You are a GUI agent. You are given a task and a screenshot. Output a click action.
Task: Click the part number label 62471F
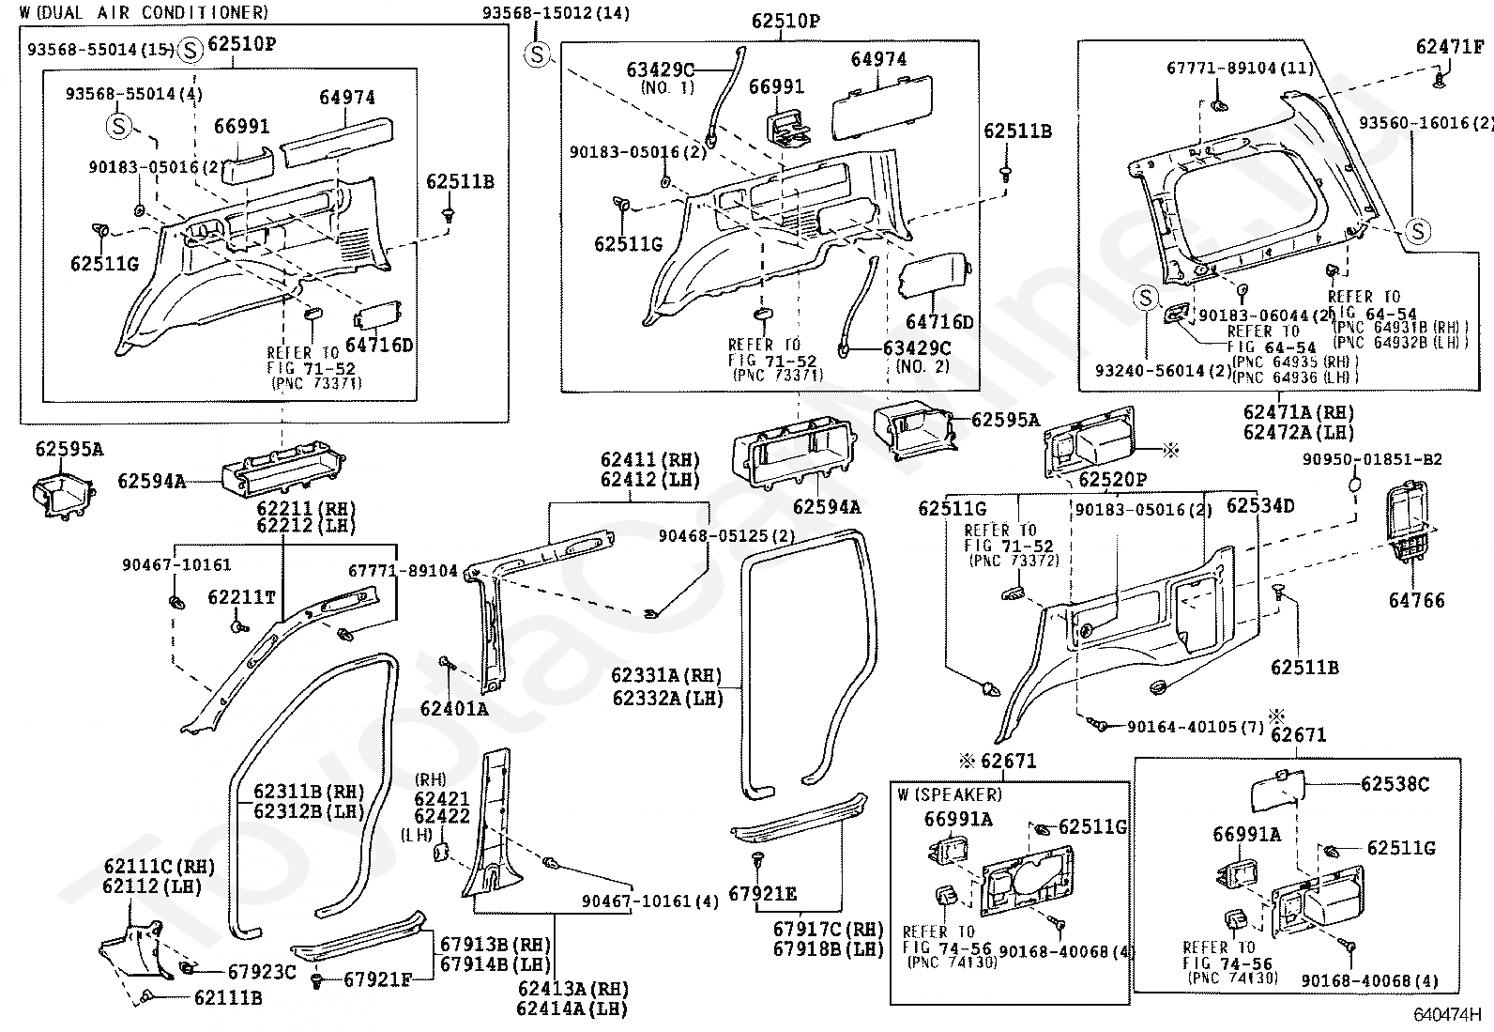pos(1450,47)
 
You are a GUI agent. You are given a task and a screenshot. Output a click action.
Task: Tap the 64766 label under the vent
pos(1417,600)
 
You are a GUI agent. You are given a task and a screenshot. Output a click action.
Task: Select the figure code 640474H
pos(1447,1015)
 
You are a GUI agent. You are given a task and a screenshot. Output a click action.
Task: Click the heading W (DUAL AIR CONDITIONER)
pos(145,12)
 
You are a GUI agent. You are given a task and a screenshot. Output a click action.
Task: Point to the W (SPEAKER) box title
pos(950,794)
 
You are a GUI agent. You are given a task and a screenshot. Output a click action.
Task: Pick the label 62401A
pos(454,708)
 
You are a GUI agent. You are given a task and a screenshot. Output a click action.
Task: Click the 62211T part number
pos(241,597)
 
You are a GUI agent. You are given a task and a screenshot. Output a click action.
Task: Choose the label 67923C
pos(262,972)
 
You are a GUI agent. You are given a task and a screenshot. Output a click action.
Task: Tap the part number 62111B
pos(228,998)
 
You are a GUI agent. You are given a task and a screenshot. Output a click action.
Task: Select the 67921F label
pos(377,979)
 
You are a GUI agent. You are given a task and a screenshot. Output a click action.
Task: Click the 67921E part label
pos(762,893)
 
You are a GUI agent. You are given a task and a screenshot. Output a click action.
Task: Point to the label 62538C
pos(1395,784)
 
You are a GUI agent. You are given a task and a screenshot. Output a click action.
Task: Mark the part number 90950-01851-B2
pos(1372,459)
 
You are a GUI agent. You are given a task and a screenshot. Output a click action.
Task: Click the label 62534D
pos(1260,506)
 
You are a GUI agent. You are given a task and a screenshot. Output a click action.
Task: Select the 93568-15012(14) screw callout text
pos(556,13)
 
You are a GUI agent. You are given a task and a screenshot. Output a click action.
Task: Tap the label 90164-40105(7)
pos(1196,726)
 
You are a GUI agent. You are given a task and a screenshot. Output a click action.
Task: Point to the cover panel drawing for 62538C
pos(1278,792)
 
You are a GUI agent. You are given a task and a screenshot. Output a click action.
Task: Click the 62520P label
pos(1112,479)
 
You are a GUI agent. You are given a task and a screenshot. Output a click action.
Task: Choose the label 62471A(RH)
pos(1299,412)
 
